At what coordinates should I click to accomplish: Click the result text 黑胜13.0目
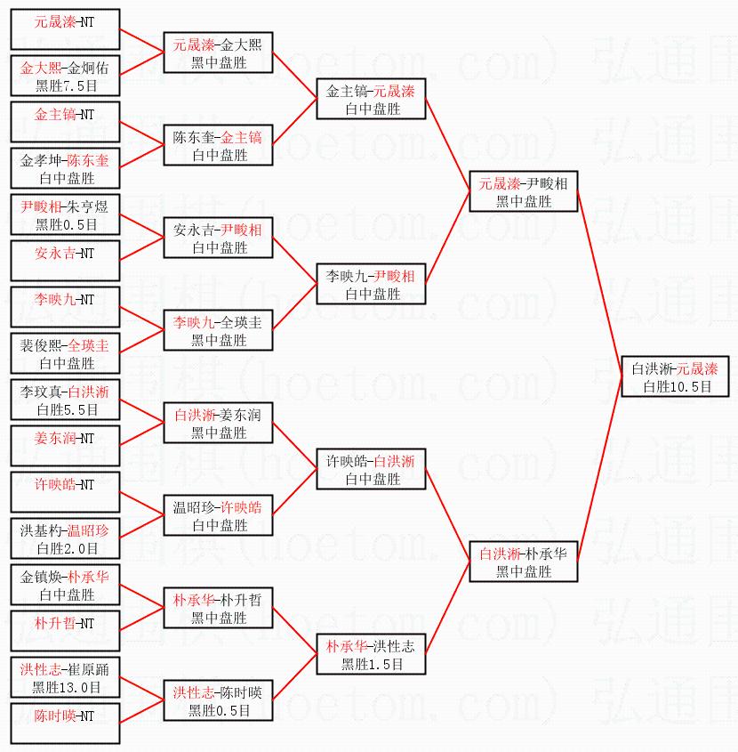66,687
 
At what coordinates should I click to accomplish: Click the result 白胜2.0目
67,548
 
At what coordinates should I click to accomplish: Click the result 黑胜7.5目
66,85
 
